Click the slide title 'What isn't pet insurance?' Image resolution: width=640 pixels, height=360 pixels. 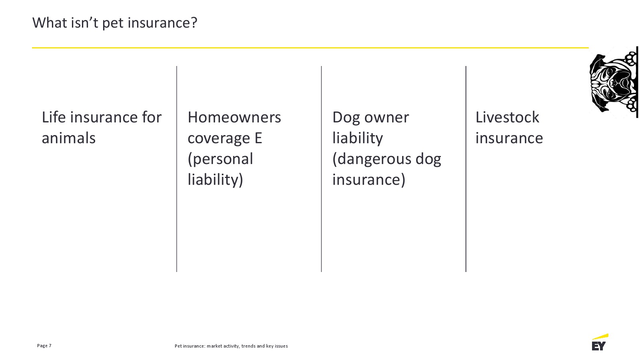click(115, 23)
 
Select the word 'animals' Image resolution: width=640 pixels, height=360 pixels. click(69, 138)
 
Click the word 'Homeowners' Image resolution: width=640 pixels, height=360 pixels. click(234, 118)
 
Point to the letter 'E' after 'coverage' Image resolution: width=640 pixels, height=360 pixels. click(258, 138)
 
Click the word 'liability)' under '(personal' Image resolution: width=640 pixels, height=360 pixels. click(215, 180)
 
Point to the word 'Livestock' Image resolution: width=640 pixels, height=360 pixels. click(507, 117)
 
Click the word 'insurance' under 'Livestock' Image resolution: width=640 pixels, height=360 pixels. click(509, 138)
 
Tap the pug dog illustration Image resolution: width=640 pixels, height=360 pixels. click(614, 82)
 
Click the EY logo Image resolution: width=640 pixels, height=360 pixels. click(600, 342)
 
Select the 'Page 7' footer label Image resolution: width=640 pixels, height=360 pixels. click(44, 346)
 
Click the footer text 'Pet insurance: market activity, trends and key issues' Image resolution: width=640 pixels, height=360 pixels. click(231, 346)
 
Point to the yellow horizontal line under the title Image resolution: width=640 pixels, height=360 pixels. click(310, 48)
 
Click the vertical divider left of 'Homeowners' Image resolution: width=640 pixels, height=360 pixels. click(177, 169)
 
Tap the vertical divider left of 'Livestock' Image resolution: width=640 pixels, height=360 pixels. click(466, 169)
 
